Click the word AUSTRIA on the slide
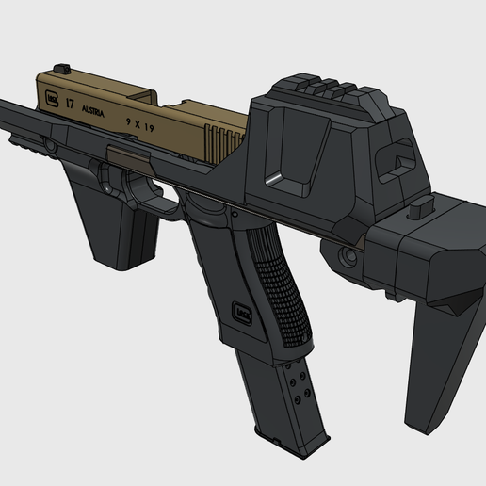coord(91,109)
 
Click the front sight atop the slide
coord(65,67)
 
